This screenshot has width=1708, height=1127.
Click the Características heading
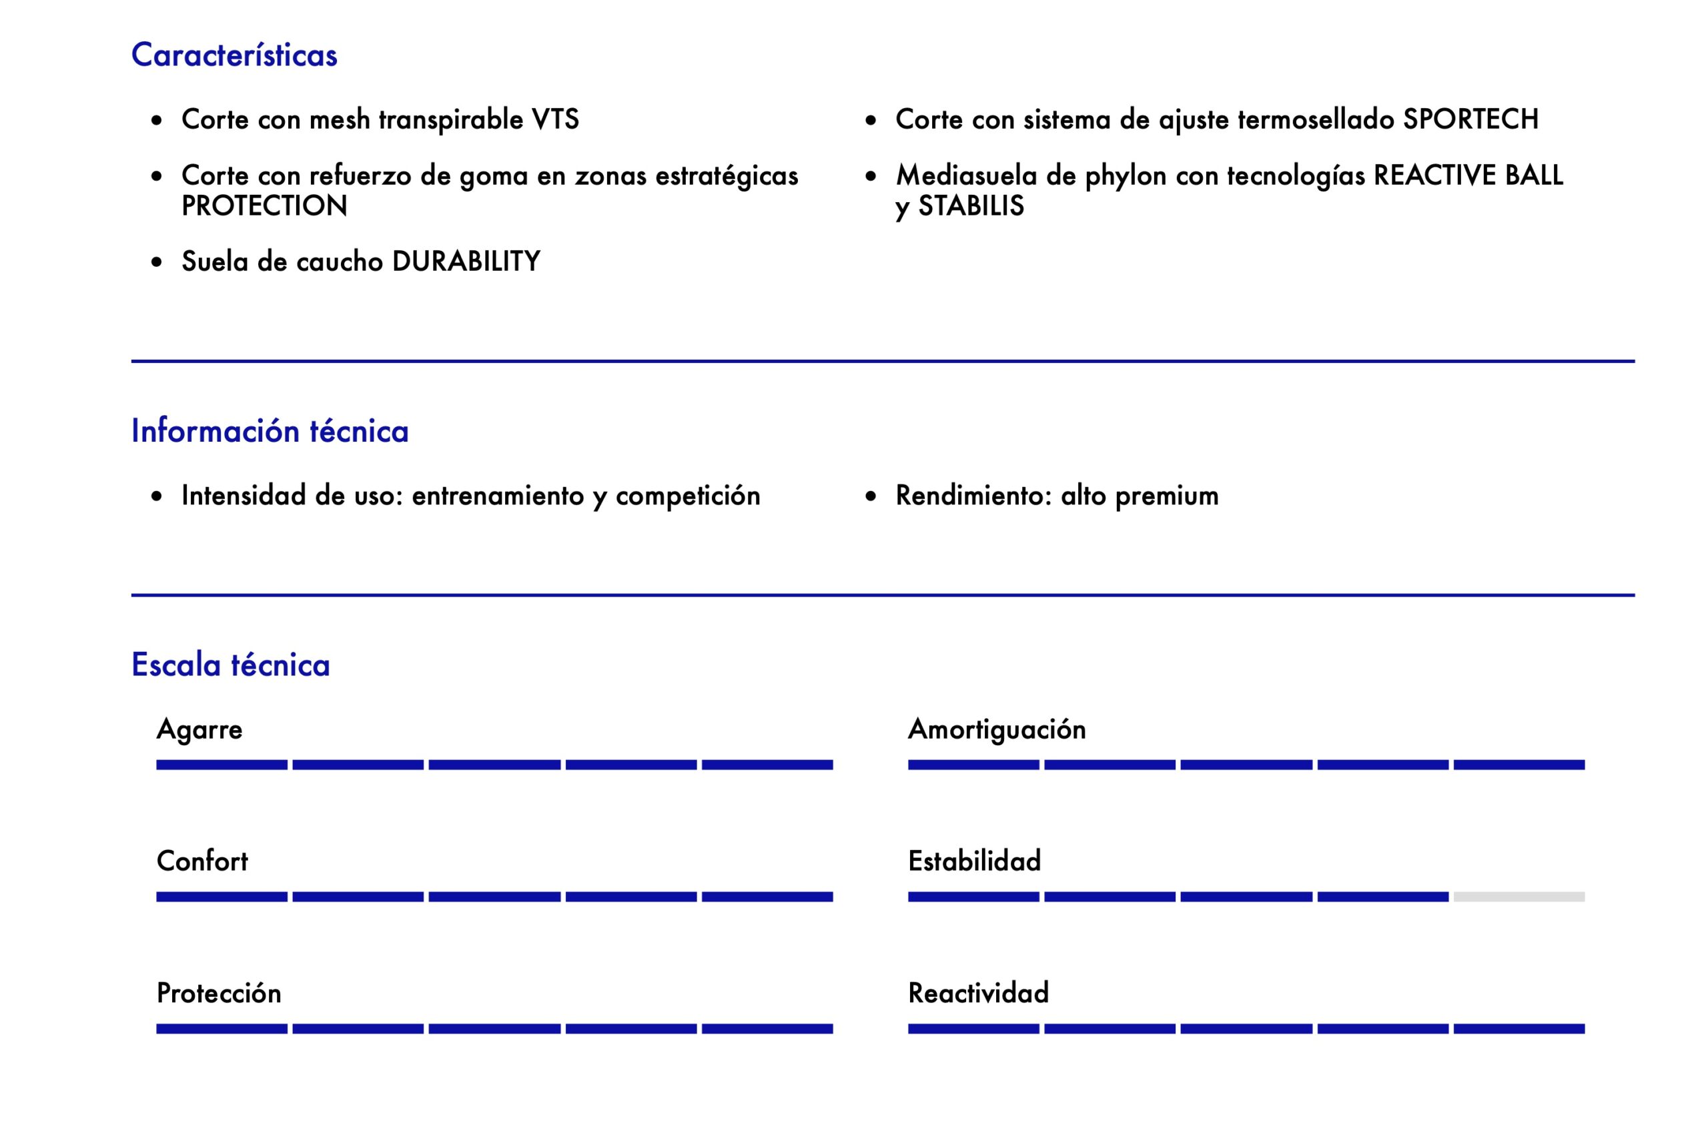coord(234,55)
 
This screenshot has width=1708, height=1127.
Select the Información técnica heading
coord(270,431)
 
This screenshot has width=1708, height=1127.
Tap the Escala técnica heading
coord(230,665)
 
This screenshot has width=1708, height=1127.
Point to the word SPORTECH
coord(1470,119)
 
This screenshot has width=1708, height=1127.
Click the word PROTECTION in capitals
coord(264,206)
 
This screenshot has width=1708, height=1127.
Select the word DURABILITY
coord(466,262)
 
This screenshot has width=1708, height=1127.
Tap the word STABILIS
coord(971,206)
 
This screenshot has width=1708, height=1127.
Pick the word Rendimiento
coord(973,496)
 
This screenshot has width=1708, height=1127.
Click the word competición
coord(688,496)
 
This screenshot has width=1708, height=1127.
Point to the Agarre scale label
coord(199,729)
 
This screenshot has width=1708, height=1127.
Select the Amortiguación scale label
coord(997,729)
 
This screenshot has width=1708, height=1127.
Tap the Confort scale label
coord(202,861)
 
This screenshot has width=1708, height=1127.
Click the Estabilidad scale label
coord(974,861)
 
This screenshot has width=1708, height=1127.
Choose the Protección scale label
coord(218,994)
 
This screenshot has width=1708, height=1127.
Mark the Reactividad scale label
coord(978,994)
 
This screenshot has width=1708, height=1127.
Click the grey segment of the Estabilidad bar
coord(1519,896)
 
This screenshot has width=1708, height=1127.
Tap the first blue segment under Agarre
coord(222,765)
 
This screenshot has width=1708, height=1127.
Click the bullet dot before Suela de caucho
coord(157,262)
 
